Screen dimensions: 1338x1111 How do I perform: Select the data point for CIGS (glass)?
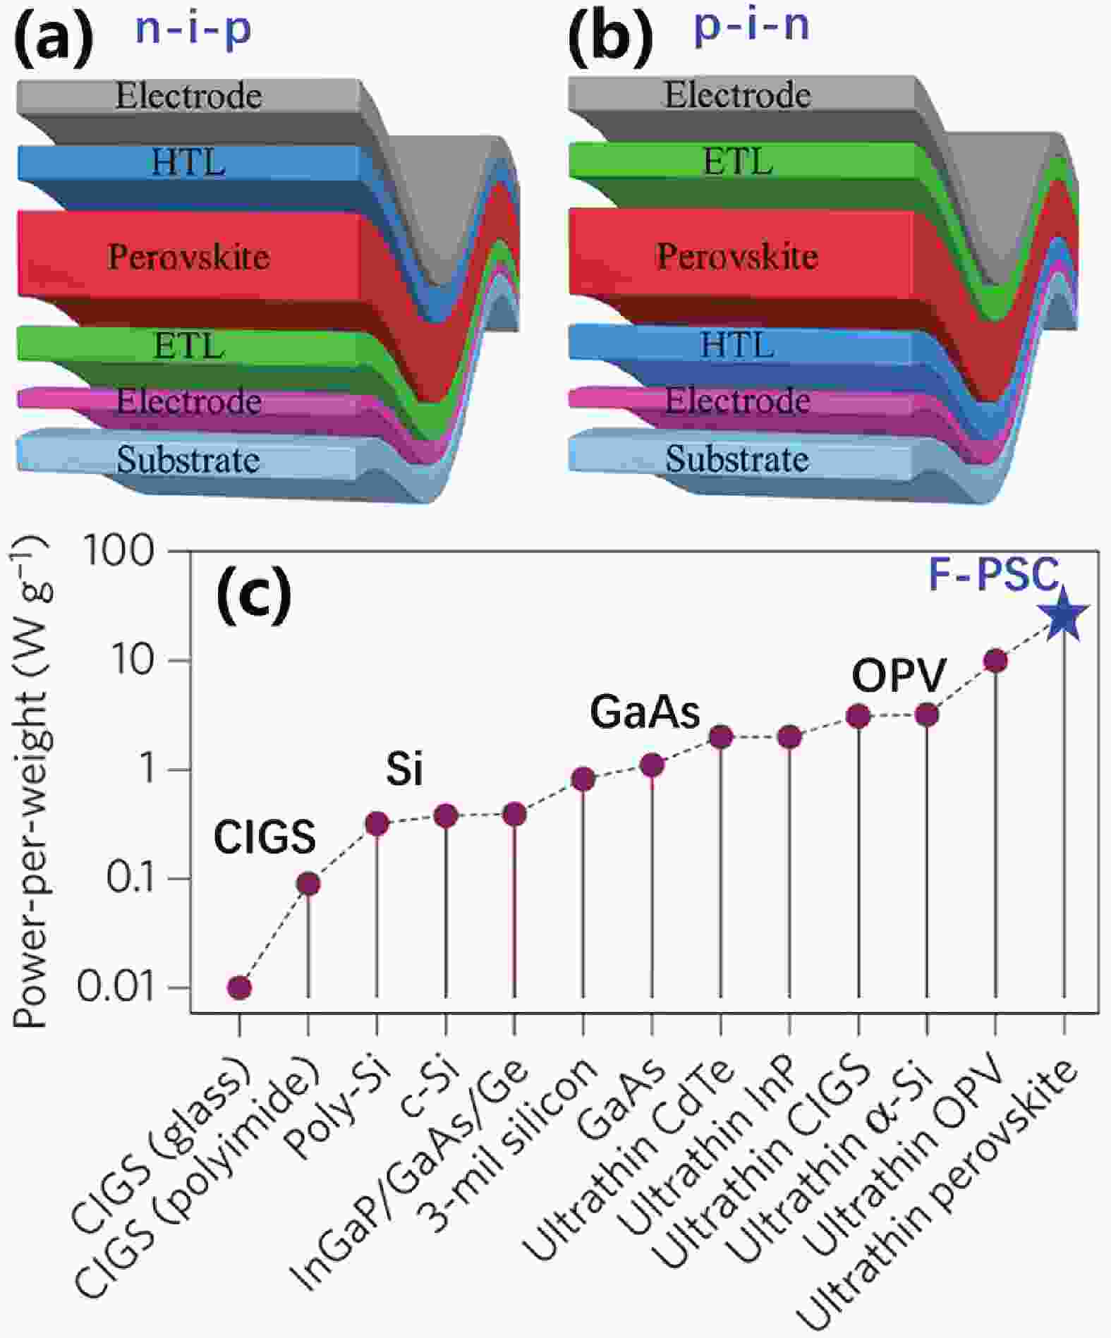[239, 987]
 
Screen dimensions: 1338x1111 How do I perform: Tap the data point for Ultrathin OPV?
[995, 661]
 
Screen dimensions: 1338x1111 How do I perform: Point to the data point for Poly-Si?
[377, 823]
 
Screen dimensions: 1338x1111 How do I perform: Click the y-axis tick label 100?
[119, 552]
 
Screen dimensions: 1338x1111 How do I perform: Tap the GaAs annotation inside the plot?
[645, 712]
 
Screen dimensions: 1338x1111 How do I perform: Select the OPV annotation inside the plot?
[898, 676]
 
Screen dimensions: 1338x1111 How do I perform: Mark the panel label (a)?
[54, 39]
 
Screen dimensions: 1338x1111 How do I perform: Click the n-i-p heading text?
[193, 30]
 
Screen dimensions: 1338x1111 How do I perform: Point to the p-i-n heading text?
[752, 27]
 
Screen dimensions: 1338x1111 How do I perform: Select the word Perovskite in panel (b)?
[737, 256]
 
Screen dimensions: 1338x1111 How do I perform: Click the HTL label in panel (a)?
[188, 163]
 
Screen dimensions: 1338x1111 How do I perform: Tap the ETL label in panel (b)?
[738, 162]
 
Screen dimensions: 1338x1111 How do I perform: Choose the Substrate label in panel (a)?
[188, 461]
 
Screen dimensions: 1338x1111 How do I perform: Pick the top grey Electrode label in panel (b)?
[737, 95]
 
